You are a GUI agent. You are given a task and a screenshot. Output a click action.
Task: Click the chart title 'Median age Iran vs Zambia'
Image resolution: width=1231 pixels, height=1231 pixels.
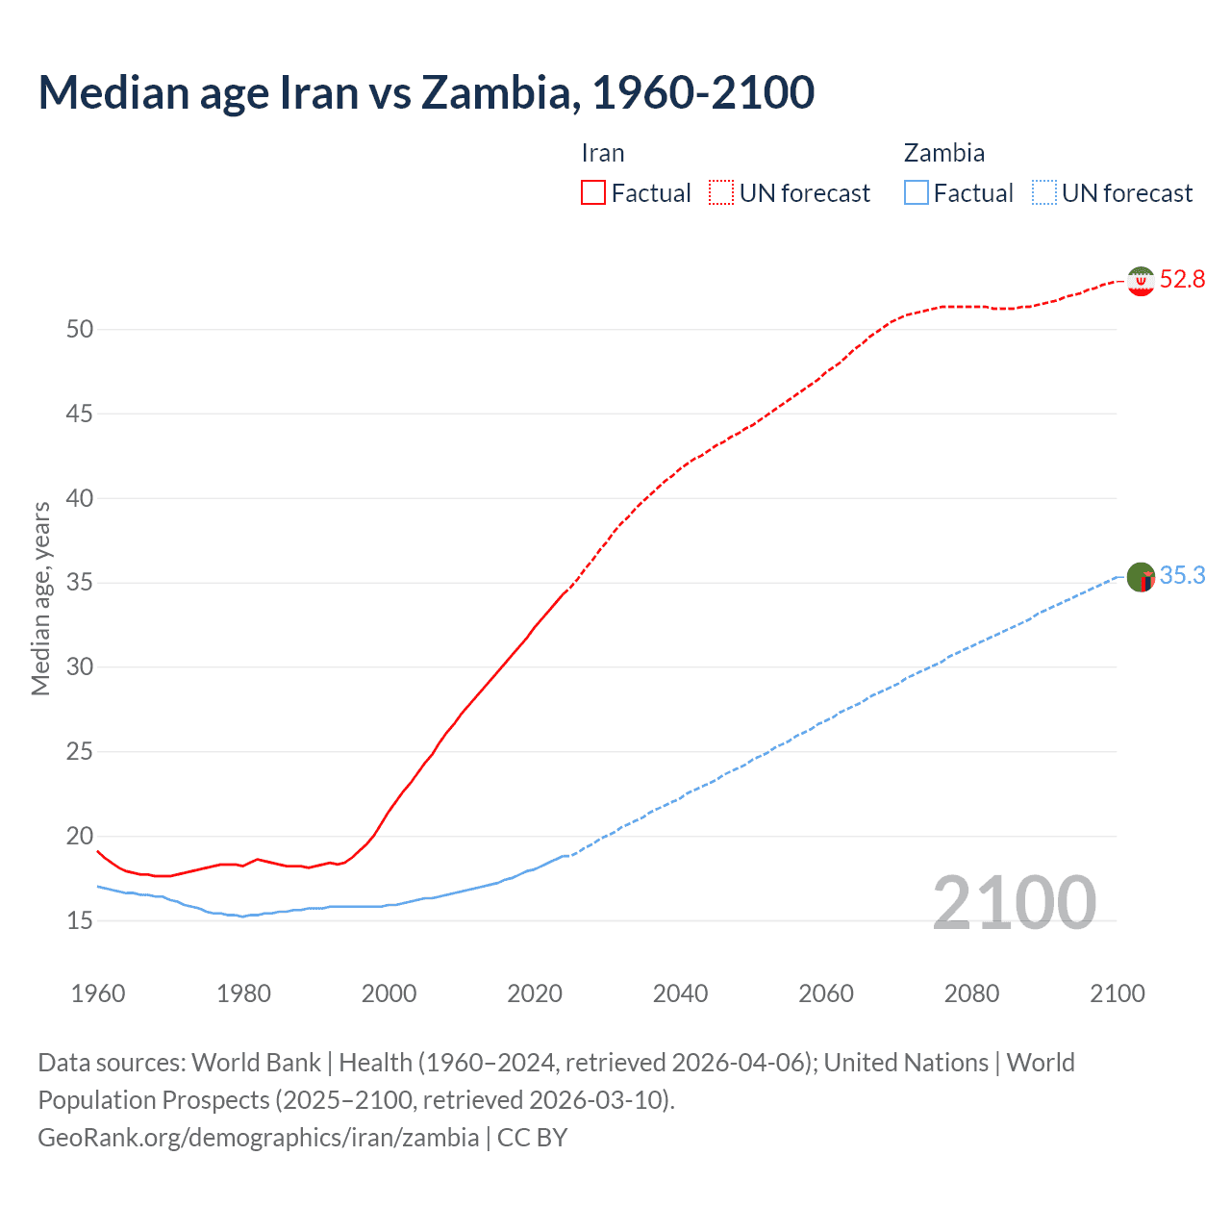coord(426,92)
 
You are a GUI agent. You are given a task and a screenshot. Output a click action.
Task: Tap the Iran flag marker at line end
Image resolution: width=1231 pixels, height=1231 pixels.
coord(1141,281)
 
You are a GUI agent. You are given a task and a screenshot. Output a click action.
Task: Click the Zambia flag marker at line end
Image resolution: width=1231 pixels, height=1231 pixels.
coord(1141,577)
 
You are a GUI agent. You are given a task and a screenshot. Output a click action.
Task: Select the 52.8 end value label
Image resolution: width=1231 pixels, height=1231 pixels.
coord(1182,280)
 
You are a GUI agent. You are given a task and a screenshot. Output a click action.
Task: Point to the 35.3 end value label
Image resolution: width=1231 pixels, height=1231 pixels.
coord(1182,576)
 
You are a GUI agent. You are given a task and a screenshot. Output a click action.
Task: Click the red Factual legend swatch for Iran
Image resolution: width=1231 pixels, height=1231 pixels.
coord(593,193)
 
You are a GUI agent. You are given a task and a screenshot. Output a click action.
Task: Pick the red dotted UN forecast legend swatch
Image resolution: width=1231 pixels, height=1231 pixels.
coord(721,193)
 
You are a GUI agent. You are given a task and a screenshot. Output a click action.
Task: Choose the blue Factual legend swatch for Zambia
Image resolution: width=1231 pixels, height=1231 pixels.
coord(916,193)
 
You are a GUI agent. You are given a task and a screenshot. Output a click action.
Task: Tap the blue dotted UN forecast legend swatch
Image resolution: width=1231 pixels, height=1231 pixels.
coord(1043,193)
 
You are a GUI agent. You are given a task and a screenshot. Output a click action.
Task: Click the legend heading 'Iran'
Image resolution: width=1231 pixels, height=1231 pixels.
coord(603,153)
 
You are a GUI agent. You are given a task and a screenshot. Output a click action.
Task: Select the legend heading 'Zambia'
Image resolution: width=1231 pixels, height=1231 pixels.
coord(943,153)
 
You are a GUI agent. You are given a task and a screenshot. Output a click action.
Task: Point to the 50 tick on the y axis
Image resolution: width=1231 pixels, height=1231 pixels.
coord(80,330)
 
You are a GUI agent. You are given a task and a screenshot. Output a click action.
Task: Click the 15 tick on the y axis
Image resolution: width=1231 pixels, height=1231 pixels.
coord(80,920)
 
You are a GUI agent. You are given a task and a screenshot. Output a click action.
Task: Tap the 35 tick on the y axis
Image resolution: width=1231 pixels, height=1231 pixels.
coord(80,583)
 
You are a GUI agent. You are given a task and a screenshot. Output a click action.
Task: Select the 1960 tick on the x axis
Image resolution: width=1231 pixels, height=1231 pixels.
coord(98,993)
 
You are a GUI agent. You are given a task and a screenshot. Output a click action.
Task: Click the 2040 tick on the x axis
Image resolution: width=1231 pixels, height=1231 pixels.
coord(680,993)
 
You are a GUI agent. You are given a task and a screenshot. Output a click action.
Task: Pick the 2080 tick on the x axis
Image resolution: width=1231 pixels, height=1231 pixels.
coord(971,993)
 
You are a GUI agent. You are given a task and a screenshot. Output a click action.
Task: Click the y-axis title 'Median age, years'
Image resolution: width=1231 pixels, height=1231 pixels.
coord(40,598)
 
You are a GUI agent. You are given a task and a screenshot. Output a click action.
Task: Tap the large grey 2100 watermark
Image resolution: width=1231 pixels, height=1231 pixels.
coord(1014,902)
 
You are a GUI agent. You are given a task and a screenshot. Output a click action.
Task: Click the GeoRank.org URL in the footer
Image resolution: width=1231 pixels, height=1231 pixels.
coord(258,1138)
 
